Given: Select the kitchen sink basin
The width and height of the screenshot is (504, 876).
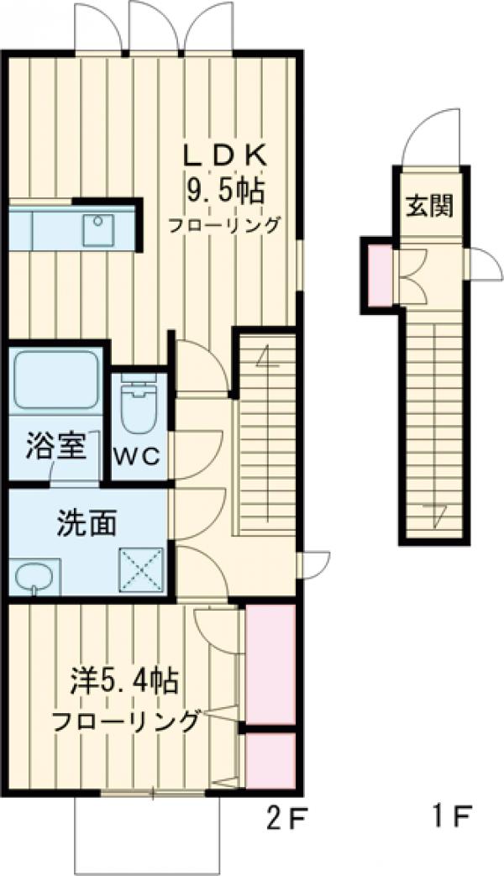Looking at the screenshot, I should point(98,229).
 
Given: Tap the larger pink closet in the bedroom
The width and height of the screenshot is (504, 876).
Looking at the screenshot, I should point(269,664).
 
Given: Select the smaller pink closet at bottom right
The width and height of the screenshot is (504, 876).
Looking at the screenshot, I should point(269,760).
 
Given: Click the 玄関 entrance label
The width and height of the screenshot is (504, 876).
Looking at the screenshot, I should point(430,206).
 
